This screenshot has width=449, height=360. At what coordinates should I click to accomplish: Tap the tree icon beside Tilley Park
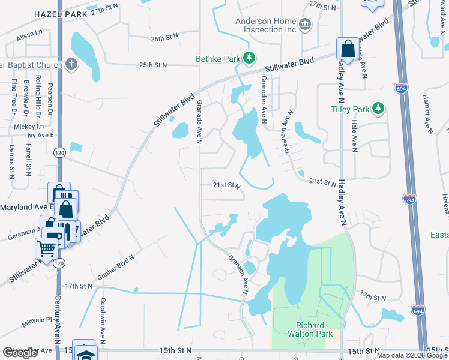point(378,109)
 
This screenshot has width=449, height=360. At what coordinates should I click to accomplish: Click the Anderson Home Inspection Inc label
point(266,24)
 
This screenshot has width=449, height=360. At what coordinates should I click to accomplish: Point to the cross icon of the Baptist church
point(71,64)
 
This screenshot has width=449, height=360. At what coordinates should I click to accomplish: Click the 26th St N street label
point(165,38)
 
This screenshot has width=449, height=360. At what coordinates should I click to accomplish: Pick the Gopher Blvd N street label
point(116,266)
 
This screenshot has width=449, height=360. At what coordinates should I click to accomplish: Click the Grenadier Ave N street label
point(262,99)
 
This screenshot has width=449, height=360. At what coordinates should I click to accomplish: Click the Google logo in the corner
point(20,353)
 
